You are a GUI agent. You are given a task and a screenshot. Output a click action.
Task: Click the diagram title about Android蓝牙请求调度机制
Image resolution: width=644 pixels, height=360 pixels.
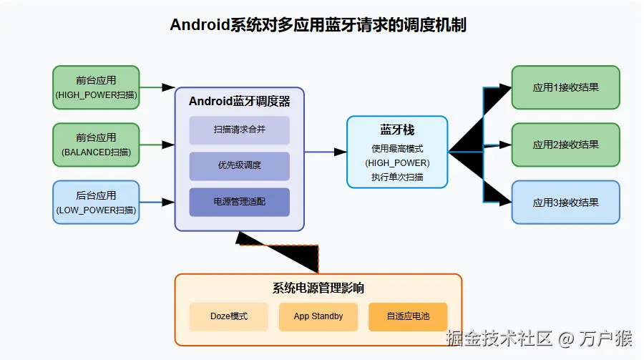(318, 25)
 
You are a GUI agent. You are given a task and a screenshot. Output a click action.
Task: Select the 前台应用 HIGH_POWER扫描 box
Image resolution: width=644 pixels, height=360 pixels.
(96, 87)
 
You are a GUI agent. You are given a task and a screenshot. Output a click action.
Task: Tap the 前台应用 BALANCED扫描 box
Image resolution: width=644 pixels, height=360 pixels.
(96, 145)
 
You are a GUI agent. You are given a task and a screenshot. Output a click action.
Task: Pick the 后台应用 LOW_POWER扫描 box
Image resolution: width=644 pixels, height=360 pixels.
(96, 202)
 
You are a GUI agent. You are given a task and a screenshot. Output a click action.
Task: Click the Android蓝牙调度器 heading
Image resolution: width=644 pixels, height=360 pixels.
(239, 101)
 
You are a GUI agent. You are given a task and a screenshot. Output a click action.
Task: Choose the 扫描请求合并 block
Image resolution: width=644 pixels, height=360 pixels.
(239, 130)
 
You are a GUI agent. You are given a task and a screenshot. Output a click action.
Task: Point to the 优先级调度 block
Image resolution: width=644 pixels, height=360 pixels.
(239, 166)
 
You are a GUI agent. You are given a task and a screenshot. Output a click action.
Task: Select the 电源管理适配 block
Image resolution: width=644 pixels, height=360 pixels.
(239, 202)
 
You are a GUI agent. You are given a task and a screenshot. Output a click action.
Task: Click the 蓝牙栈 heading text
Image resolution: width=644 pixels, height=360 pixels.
(397, 130)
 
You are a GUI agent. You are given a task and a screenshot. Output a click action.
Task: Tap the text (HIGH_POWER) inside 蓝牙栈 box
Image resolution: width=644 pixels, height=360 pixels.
(397, 162)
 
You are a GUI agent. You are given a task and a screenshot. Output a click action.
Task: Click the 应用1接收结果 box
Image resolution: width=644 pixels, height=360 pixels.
(565, 87)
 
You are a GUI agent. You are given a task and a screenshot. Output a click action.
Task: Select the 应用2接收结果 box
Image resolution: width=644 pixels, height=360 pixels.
(565, 145)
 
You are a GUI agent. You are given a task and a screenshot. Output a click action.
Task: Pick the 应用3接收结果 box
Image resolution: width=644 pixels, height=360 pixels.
(565, 202)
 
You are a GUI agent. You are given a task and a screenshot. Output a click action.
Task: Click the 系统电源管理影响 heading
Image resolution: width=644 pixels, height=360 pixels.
(318, 288)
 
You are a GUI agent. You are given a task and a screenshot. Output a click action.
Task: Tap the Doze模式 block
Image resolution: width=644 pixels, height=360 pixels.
(229, 316)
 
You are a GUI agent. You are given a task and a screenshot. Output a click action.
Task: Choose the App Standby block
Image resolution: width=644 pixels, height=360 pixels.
(318, 316)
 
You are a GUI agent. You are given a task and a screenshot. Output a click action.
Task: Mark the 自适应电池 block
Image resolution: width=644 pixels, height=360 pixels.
(408, 316)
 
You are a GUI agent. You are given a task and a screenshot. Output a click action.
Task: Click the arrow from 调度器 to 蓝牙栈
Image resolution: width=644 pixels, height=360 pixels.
(326, 152)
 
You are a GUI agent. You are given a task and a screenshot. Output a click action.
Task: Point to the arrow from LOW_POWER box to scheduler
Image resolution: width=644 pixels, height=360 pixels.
(157, 202)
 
